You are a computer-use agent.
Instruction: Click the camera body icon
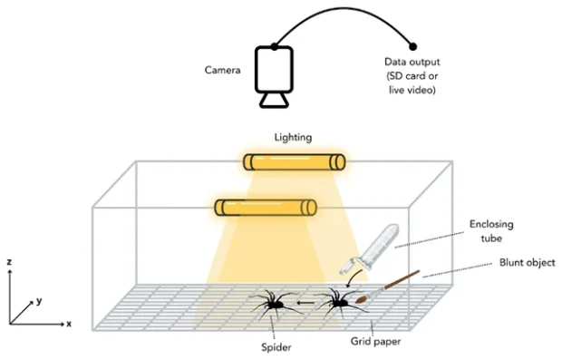274,69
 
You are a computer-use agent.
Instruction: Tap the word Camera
223,70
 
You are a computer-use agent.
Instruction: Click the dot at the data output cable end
413,46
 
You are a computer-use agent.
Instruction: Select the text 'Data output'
412,62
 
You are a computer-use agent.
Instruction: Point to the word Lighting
293,137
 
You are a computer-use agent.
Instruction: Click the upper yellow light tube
295,161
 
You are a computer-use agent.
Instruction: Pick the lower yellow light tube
266,208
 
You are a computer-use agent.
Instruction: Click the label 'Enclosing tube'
491,231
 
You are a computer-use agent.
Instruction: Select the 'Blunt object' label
528,263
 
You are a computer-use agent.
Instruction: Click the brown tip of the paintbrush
362,298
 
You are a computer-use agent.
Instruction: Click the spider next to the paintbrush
339,304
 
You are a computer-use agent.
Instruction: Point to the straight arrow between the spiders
306,303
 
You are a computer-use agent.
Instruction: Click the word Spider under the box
276,347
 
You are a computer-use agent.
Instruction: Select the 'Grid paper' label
375,341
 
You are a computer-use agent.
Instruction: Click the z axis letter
9,262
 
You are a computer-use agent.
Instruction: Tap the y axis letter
39,300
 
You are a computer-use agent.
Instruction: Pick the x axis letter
69,324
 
